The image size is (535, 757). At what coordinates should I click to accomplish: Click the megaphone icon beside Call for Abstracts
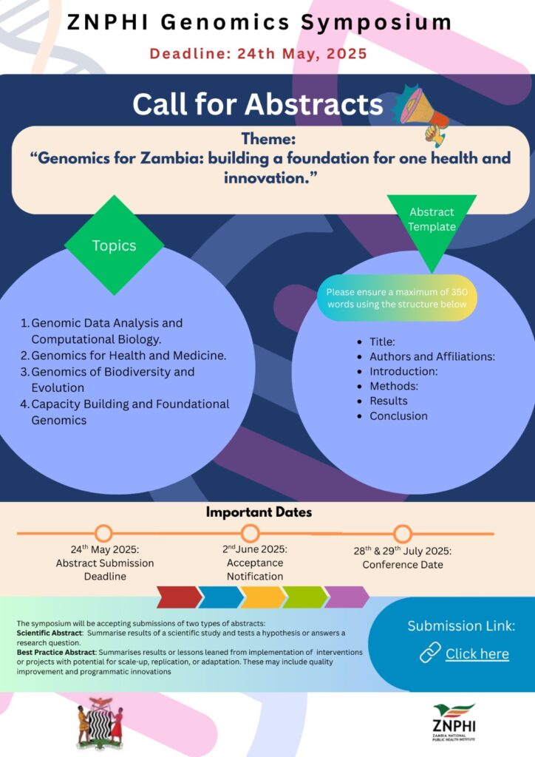[425, 113]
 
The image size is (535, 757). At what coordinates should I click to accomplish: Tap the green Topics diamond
[115, 245]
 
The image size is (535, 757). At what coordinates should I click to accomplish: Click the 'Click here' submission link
[477, 654]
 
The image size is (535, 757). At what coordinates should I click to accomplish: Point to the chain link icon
[430, 652]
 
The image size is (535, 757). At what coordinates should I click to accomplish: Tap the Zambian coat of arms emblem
[100, 721]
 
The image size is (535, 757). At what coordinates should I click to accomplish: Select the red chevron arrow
[178, 597]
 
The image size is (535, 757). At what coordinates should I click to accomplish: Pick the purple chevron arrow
[347, 597]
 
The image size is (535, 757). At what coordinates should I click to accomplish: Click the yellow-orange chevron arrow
[262, 597]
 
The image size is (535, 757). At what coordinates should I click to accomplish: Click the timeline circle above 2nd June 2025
[251, 533]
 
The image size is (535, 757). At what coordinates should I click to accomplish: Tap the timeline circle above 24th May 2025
[103, 533]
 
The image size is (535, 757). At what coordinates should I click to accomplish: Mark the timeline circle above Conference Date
[402, 533]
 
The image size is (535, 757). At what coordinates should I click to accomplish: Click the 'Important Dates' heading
[259, 512]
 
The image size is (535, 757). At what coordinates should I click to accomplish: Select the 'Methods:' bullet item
[394, 386]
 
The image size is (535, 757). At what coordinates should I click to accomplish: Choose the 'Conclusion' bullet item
[398, 415]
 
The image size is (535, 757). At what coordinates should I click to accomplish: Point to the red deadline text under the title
[259, 54]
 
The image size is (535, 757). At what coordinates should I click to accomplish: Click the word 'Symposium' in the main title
[376, 22]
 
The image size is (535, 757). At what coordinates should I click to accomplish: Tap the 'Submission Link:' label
[461, 626]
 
